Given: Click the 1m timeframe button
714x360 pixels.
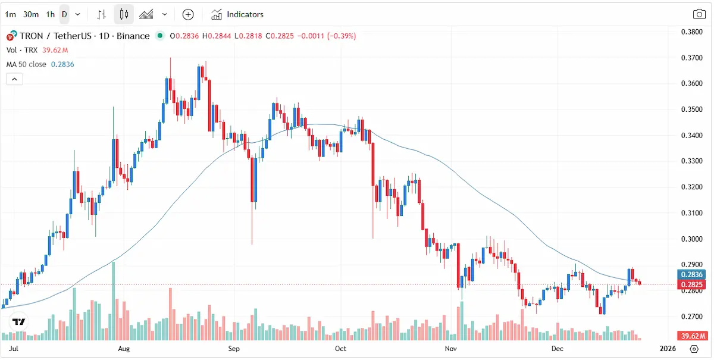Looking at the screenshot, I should pyautogui.click(x=11, y=14).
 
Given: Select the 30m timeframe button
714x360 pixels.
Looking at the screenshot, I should pyautogui.click(x=31, y=14).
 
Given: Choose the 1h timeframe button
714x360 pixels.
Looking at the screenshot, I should pyautogui.click(x=51, y=14).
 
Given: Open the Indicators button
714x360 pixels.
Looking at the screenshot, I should pyautogui.click(x=237, y=14).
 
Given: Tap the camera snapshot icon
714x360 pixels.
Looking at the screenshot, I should pyautogui.click(x=699, y=14).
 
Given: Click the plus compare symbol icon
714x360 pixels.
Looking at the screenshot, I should pyautogui.click(x=188, y=14).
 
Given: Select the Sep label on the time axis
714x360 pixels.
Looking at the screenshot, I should pyautogui.click(x=234, y=348).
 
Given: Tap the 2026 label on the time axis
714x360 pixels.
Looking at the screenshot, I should pyautogui.click(x=668, y=348).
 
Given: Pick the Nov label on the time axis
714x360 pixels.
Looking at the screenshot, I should pyautogui.click(x=450, y=348).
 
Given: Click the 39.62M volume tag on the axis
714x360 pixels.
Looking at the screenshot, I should pyautogui.click(x=691, y=336).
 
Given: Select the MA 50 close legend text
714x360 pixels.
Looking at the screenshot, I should pyautogui.click(x=26, y=64).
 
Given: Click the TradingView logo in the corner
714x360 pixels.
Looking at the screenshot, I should pyautogui.click(x=19, y=322).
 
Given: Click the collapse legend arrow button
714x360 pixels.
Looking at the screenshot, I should pyautogui.click(x=14, y=79).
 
